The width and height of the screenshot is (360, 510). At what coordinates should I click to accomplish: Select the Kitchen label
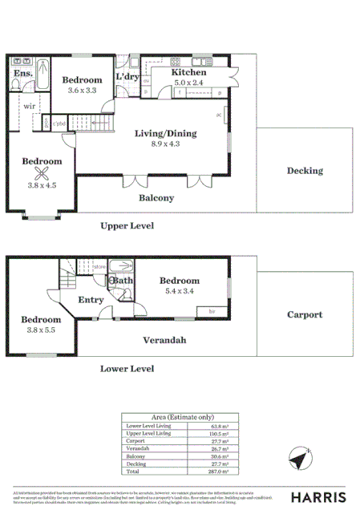click(190, 72)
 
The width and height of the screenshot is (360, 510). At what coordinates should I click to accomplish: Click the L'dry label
click(128, 76)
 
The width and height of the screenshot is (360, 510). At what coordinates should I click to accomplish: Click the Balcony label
click(157, 197)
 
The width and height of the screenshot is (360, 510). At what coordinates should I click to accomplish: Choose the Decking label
click(305, 171)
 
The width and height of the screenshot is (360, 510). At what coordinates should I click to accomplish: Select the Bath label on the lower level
click(123, 281)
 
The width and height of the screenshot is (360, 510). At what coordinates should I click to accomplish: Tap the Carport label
click(305, 315)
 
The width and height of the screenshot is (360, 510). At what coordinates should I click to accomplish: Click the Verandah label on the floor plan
click(164, 341)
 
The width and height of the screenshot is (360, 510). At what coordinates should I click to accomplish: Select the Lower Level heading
click(127, 369)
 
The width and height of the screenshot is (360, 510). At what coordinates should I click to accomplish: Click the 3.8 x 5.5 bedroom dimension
click(38, 329)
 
